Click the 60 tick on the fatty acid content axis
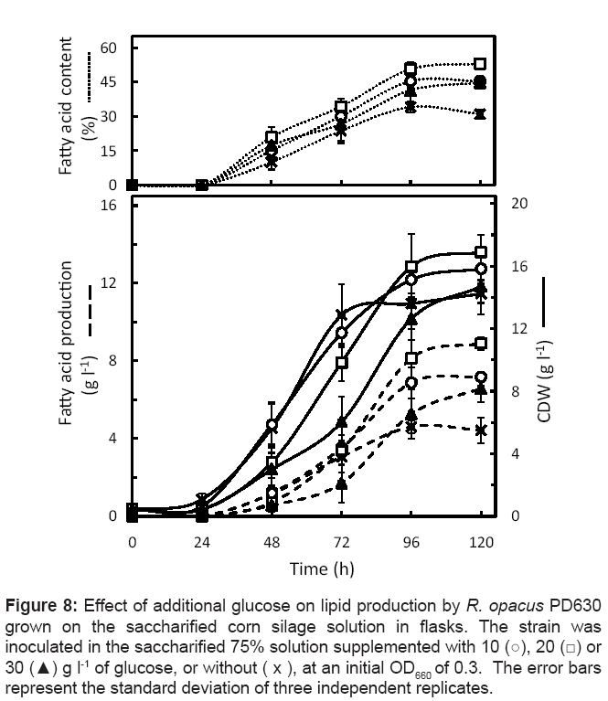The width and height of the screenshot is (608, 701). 107,47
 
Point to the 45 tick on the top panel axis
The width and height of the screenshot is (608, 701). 107,81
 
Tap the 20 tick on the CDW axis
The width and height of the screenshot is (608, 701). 518,205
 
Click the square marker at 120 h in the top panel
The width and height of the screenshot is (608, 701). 481,64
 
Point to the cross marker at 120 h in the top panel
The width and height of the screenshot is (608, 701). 481,114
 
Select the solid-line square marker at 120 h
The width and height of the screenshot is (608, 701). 481,252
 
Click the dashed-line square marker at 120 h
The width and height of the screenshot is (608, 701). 481,344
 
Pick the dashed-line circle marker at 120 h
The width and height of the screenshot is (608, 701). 481,377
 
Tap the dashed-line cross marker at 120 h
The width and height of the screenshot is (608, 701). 481,430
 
